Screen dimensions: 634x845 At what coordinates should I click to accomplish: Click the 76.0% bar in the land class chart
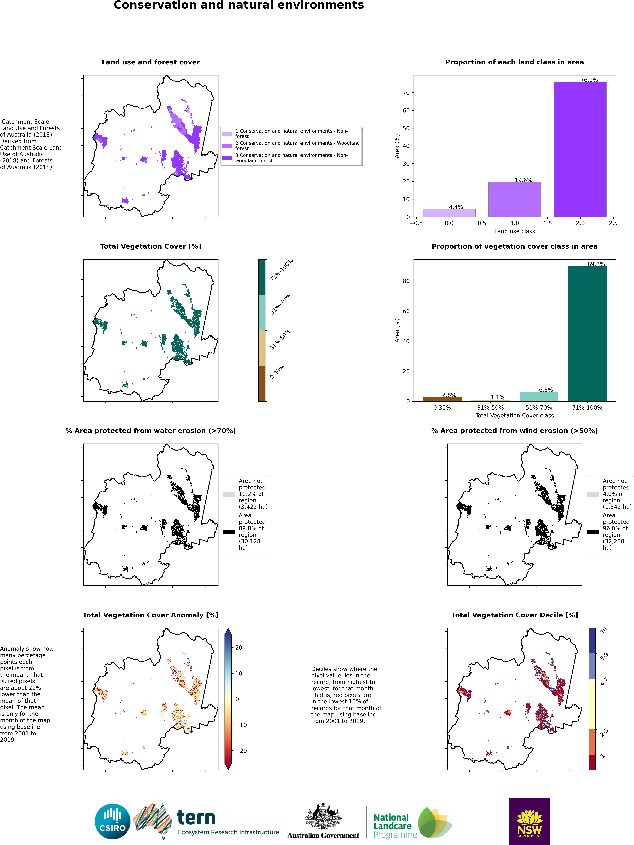[x=580, y=149]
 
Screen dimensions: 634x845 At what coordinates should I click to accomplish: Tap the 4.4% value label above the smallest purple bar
[x=456, y=207]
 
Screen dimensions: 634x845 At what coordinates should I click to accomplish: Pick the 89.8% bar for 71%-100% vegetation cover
[x=587, y=333]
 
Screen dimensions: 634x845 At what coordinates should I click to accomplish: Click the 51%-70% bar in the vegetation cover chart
[x=539, y=397]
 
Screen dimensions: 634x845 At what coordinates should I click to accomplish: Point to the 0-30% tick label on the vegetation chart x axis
[x=442, y=408]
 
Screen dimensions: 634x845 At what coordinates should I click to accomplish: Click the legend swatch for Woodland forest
[x=227, y=146]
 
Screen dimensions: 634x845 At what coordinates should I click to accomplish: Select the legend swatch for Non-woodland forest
[x=227, y=158]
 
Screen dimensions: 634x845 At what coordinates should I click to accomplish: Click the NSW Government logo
[x=530, y=821]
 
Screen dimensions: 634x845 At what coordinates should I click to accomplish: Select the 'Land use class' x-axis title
[x=514, y=231]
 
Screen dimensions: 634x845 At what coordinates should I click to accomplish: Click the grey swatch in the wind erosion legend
[x=593, y=494]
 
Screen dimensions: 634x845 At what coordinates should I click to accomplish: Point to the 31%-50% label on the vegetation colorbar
[x=280, y=340]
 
